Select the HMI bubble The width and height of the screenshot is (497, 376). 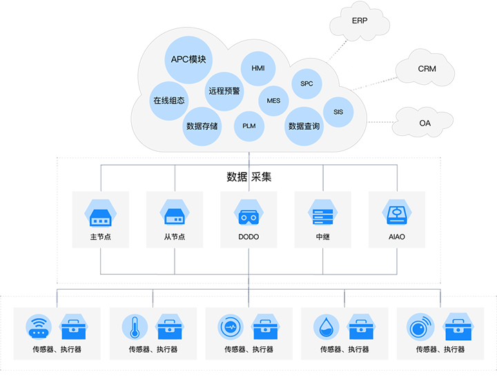tap(257, 68)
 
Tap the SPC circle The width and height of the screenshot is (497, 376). tap(306, 84)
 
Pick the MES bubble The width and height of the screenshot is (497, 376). tap(273, 101)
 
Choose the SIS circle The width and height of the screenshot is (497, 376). tap(338, 112)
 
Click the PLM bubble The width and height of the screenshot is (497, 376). tap(248, 126)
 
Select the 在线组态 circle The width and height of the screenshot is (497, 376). tap(169, 101)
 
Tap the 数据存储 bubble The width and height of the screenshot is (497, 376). tap(202, 126)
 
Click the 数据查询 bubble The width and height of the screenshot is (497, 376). tap(304, 126)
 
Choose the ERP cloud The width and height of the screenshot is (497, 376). tap(360, 21)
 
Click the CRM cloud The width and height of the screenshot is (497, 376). tap(427, 69)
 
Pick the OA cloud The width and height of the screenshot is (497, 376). tap(425, 123)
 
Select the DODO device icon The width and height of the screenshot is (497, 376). tap(248, 215)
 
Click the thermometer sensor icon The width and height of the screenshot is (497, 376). tap(134, 326)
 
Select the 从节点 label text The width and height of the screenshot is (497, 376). tap(174, 237)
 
